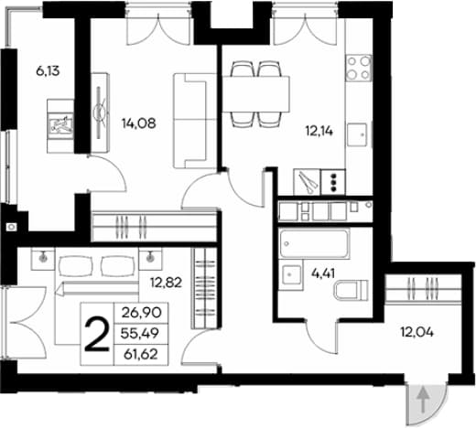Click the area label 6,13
click(48, 71)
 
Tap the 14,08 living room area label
click(139, 123)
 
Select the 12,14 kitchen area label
click(319, 131)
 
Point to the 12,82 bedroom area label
click(166, 283)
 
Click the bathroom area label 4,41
click(323, 273)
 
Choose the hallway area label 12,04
click(416, 332)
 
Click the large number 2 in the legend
click(97, 336)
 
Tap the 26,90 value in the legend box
click(141, 313)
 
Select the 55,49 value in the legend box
click(140, 334)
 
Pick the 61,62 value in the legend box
click(141, 355)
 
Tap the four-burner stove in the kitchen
click(359, 68)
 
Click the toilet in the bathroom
click(352, 290)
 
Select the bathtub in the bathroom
click(314, 244)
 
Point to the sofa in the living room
click(190, 121)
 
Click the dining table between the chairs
click(255, 94)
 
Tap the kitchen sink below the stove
click(357, 134)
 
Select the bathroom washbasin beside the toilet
click(291, 275)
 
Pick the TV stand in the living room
click(101, 112)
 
